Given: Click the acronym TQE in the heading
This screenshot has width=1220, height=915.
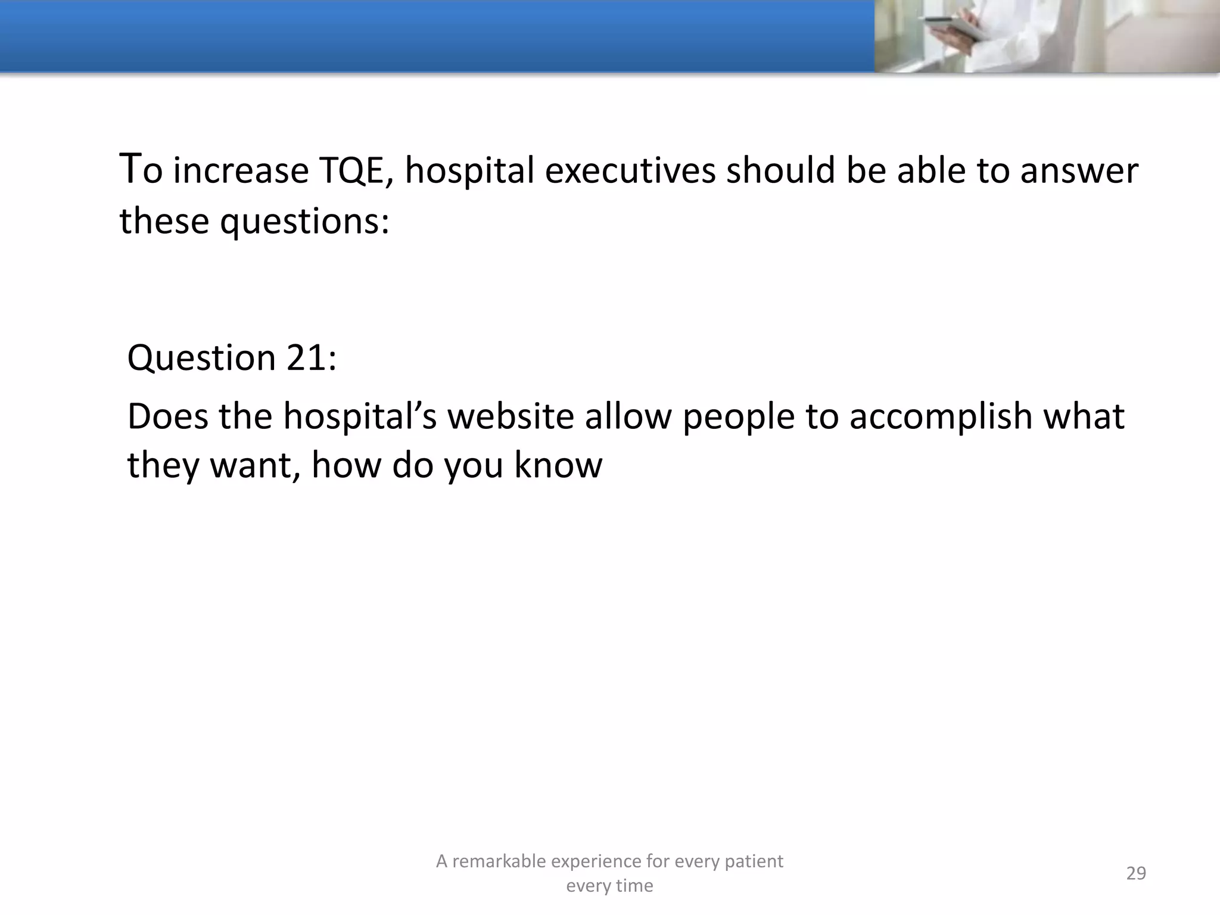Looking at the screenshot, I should (356, 170).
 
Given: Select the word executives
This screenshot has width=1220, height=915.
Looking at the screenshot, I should (630, 170).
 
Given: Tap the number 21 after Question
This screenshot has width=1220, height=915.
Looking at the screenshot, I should (310, 357).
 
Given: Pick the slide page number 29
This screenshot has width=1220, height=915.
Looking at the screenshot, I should (1136, 873).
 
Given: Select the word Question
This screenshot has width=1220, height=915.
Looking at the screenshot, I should (201, 359).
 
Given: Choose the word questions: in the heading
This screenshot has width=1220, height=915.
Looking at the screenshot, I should (304, 222).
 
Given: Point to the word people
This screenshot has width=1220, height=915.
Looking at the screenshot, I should (738, 417).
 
